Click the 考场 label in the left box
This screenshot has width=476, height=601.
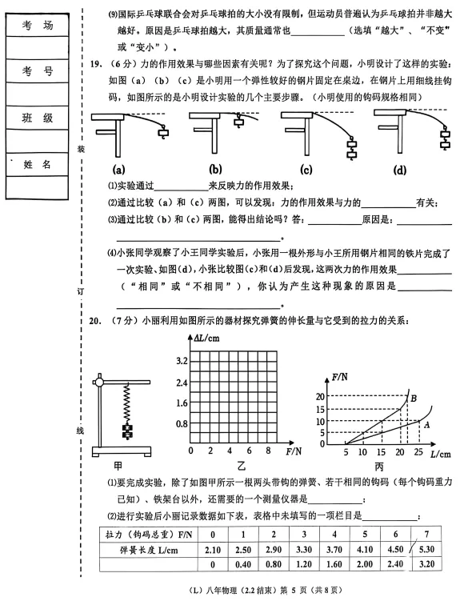pos(38,26)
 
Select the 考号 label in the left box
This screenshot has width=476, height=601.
pos(38,72)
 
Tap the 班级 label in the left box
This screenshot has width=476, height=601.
pos(38,118)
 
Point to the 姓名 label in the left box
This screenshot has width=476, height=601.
pos(38,164)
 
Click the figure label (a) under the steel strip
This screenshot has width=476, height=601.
pos(118,170)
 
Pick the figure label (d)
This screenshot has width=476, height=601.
pos(400,170)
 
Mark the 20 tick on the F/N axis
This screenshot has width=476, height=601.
pos(320,396)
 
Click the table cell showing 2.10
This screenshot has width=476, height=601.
pos(212,548)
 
